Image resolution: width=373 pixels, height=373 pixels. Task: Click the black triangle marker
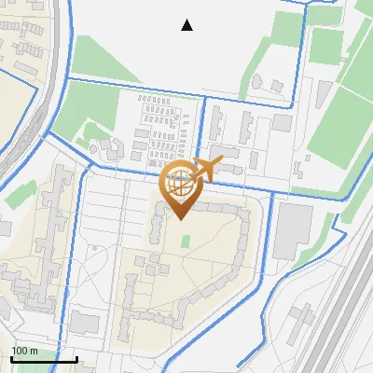pyautogui.click(x=187, y=25)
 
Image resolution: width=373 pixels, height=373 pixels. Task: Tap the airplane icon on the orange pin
pyautogui.click(x=207, y=170)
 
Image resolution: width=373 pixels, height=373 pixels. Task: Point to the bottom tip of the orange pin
pyautogui.click(x=179, y=219)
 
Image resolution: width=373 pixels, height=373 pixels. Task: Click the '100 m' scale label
pyautogui.click(x=24, y=351)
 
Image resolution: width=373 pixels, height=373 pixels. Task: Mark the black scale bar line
pyautogui.click(x=43, y=359)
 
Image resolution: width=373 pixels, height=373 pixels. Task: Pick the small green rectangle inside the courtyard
pyautogui.click(x=185, y=242)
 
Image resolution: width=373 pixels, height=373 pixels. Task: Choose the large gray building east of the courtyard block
pyautogui.click(x=294, y=232)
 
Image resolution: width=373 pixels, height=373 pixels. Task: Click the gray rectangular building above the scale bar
pyautogui.click(x=84, y=324)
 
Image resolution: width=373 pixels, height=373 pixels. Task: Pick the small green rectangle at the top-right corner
pyautogui.click(x=324, y=13)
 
